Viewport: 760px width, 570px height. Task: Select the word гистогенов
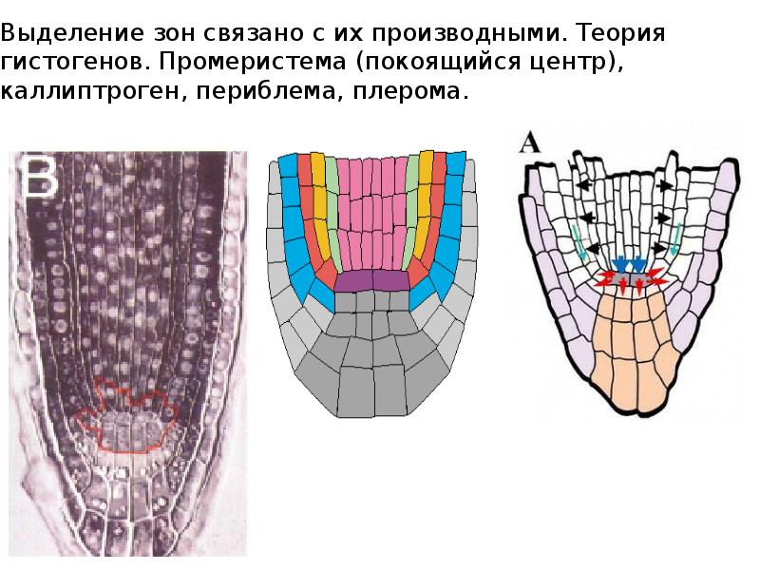click(67, 64)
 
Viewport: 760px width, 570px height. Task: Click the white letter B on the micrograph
click(42, 179)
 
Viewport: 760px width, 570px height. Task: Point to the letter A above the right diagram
click(529, 144)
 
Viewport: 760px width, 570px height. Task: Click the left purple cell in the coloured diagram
click(352, 281)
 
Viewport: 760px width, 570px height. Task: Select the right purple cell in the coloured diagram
click(391, 281)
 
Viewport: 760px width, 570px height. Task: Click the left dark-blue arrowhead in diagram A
click(621, 263)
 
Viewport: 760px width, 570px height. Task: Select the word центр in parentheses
click(575, 64)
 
